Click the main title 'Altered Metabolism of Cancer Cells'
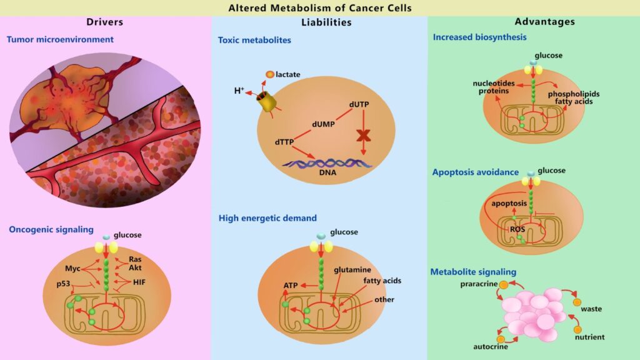point(319,8)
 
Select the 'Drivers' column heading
point(104,22)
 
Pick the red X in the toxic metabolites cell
point(362,136)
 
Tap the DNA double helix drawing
point(326,164)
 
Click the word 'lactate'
point(288,74)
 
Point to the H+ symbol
point(239,91)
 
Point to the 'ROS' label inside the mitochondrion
point(517,229)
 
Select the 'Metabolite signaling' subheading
point(473,272)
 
